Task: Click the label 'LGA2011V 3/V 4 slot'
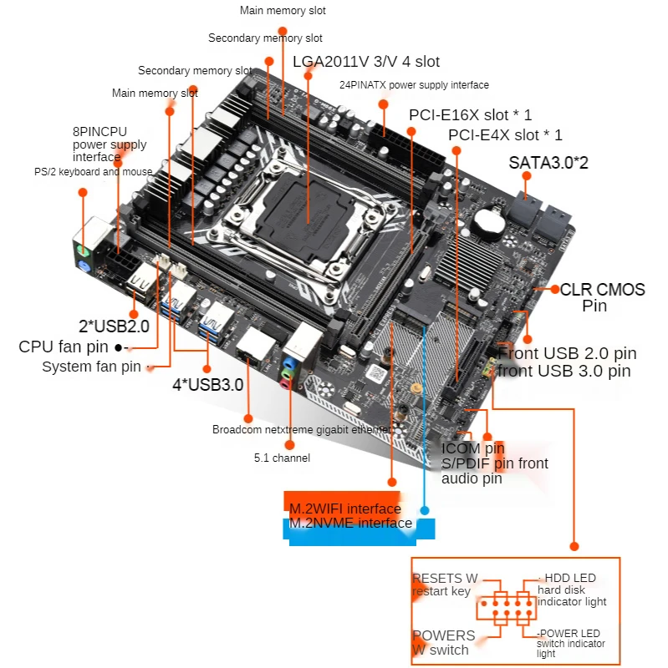[x=365, y=62]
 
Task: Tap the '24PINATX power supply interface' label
[x=414, y=85]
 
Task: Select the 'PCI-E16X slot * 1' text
[x=470, y=114]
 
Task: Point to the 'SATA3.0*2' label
[x=548, y=163]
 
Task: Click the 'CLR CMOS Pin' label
[x=602, y=297]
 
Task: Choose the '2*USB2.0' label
[x=114, y=326]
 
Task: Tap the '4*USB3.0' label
[x=208, y=385]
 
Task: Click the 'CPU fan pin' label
[x=64, y=347]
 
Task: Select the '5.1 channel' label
[x=282, y=458]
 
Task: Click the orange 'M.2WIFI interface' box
[x=344, y=509]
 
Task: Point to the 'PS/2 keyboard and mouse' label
[x=93, y=172]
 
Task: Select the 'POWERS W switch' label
[x=444, y=642]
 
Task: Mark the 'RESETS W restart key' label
[x=445, y=584]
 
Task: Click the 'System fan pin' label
[x=91, y=367]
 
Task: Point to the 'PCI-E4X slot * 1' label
[x=505, y=135]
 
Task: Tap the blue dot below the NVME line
[x=425, y=509]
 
